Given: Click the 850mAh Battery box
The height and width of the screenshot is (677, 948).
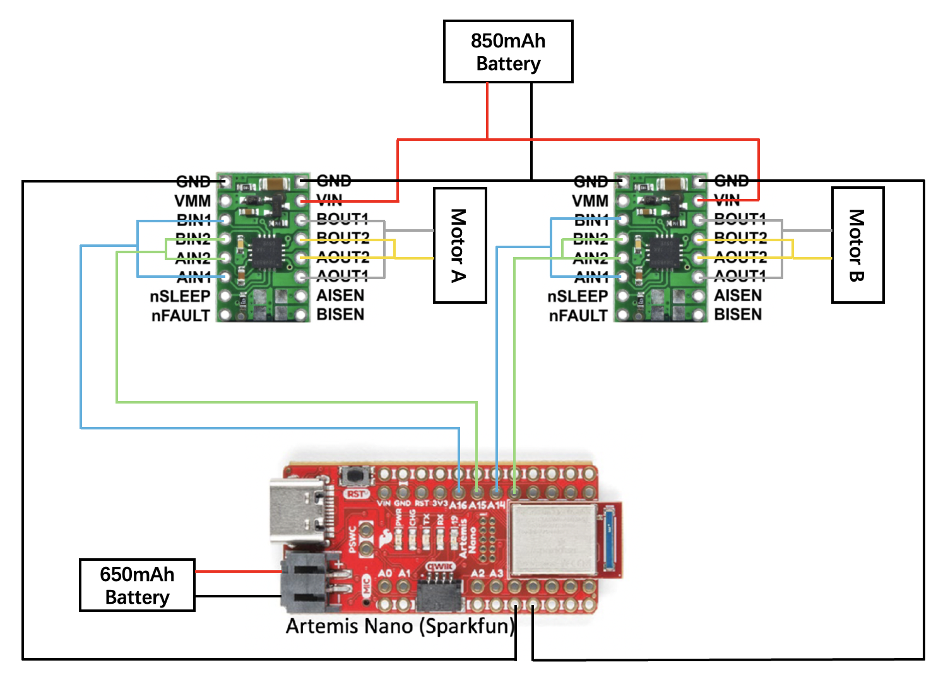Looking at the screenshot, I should pyautogui.click(x=508, y=52).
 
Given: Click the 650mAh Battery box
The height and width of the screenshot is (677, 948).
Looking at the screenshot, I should pyautogui.click(x=137, y=585).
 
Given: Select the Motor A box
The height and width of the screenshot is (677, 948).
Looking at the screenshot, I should pyautogui.click(x=459, y=245).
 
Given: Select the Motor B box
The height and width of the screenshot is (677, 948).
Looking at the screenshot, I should pyautogui.click(x=857, y=245).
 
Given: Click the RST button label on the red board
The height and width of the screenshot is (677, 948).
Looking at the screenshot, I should pyautogui.click(x=356, y=494).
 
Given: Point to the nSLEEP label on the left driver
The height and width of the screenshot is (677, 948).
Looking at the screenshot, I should pyautogui.click(x=180, y=296).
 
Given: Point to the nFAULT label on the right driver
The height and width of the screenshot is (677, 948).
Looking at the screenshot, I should pyautogui.click(x=578, y=316).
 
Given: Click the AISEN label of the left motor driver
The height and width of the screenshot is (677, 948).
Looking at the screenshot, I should pyautogui.click(x=340, y=296).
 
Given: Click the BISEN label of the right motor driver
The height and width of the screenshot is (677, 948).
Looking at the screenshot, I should pyautogui.click(x=738, y=315).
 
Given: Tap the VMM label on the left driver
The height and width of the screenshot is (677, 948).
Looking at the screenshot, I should pyautogui.click(x=193, y=201).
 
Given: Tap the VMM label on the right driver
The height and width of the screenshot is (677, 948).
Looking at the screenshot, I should pyautogui.click(x=590, y=201).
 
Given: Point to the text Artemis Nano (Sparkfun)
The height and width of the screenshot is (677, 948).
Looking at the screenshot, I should pyautogui.click(x=400, y=626).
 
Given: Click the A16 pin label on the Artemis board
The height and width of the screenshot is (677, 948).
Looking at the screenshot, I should pyautogui.click(x=458, y=505).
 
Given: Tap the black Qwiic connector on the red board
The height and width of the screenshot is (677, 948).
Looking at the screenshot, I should pyautogui.click(x=439, y=590).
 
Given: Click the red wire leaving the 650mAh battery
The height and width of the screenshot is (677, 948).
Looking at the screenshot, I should pyautogui.click(x=238, y=572).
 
